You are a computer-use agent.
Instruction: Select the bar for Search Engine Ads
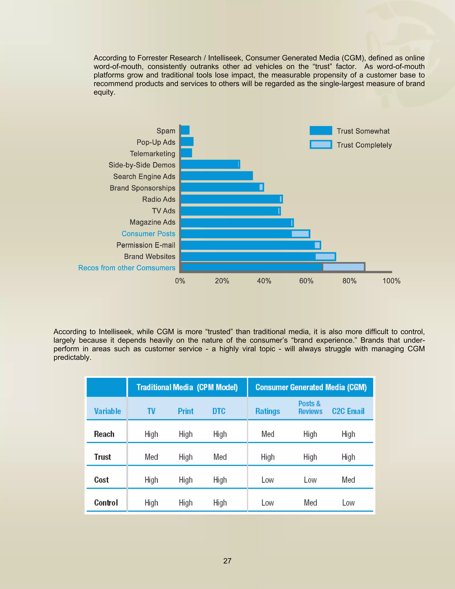(217, 176)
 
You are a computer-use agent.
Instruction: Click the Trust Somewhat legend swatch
(321, 130)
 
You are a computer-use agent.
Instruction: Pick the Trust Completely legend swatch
(321, 144)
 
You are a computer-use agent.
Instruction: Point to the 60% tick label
(306, 281)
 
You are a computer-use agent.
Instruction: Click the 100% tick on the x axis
(391, 281)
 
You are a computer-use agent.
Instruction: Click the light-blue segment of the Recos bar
(343, 267)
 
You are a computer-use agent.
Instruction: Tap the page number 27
(227, 561)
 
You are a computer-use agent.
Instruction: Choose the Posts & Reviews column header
(310, 407)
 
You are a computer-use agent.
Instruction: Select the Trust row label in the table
(102, 457)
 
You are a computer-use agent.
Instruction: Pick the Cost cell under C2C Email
(348, 480)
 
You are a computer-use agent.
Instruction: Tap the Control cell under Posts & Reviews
(310, 503)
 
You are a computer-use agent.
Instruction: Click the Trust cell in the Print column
(186, 457)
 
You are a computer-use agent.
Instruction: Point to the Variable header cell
(107, 411)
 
